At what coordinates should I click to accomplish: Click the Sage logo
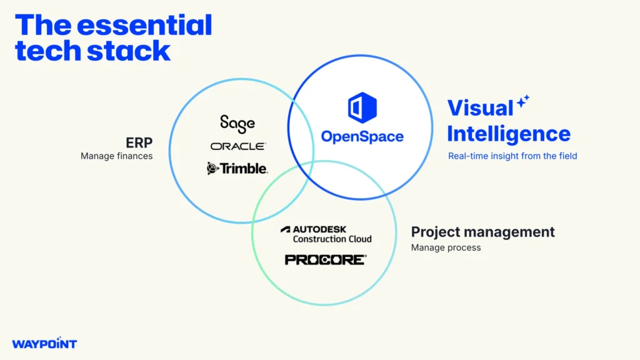[x=237, y=123]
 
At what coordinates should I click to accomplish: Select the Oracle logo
[x=237, y=146]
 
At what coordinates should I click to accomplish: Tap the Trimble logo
[x=237, y=168]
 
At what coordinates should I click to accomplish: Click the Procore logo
[x=325, y=259]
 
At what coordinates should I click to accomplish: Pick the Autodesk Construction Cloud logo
[x=326, y=234]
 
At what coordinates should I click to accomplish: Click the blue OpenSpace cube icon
[x=362, y=107]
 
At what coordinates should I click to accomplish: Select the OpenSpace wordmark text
[x=362, y=136]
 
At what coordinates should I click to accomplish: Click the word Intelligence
[x=509, y=134]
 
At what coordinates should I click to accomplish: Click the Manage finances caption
[x=116, y=156]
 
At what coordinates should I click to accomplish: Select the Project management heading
[x=482, y=232]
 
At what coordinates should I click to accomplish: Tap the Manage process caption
[x=446, y=247]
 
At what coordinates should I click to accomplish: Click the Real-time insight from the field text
[x=512, y=156]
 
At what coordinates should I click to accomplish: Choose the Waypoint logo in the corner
[x=44, y=344]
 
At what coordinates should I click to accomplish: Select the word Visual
[x=480, y=108]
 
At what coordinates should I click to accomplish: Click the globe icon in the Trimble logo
[x=212, y=168]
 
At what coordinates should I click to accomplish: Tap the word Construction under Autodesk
[x=319, y=239]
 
